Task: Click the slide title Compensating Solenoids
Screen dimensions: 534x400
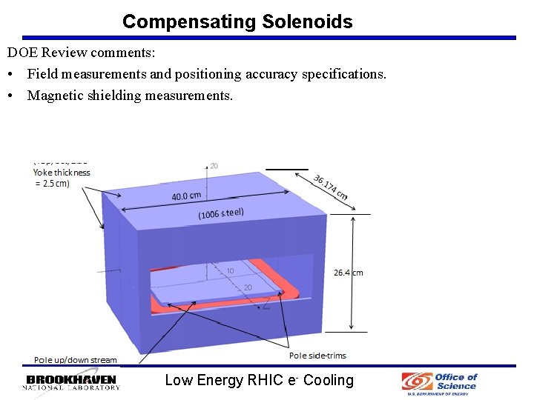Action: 237,21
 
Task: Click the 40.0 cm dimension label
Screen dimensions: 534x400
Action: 186,196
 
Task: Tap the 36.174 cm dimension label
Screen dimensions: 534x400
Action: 330,187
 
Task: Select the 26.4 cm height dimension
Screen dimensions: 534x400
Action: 349,273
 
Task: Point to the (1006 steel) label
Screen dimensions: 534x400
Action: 221,213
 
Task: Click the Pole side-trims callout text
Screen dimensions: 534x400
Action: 317,356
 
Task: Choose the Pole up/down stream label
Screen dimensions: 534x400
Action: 76,360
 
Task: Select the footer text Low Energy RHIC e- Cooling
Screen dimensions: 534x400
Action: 259,380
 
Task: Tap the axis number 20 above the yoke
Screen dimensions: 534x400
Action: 214,165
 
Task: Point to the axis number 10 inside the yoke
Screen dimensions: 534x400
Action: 230,271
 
